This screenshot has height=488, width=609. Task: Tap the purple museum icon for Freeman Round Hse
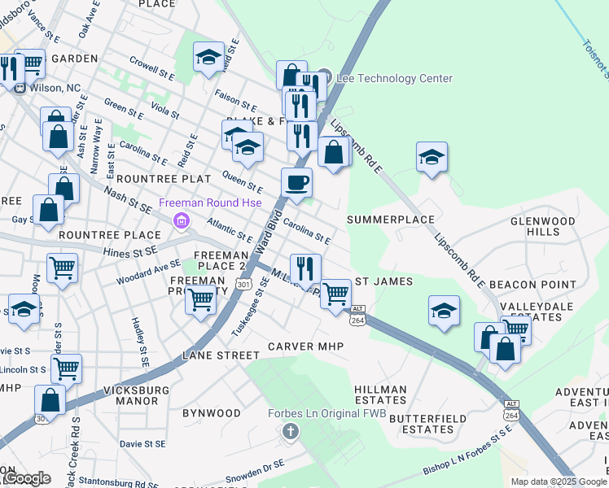point(181,220)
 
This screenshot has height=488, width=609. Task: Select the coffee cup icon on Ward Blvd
point(296,183)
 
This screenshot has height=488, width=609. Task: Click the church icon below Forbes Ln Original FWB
point(291,430)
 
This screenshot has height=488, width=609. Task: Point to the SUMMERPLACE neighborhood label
point(390,220)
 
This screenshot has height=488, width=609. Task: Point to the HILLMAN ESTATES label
point(380,394)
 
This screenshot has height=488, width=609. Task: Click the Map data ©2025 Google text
point(558,481)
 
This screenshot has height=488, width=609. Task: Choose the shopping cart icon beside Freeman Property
point(200,298)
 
